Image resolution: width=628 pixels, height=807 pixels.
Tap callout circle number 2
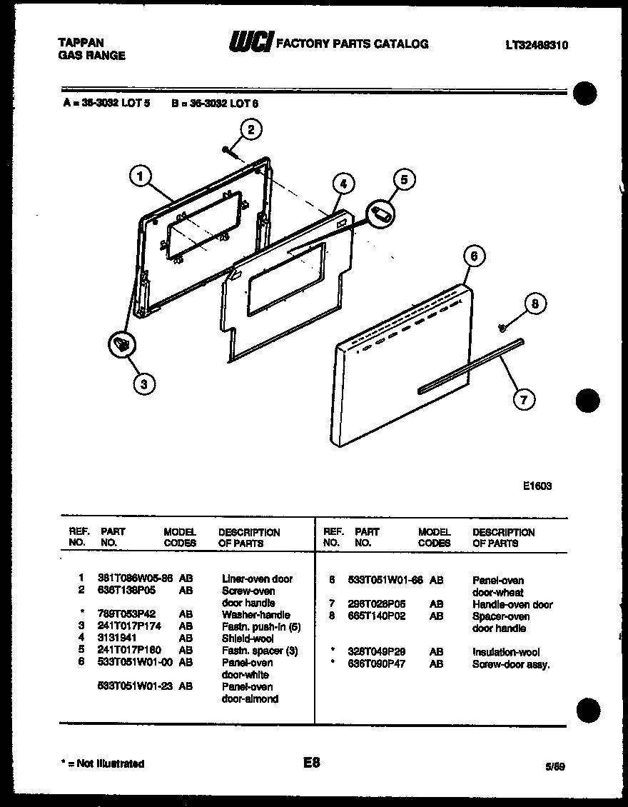250,129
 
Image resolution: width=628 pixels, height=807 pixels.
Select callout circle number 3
144,384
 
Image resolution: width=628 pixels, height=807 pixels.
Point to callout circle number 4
343,184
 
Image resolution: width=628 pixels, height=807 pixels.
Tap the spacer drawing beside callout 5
381,213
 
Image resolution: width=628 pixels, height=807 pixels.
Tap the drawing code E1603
537,486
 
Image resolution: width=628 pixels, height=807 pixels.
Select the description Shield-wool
248,638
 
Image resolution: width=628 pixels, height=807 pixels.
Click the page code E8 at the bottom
311,763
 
